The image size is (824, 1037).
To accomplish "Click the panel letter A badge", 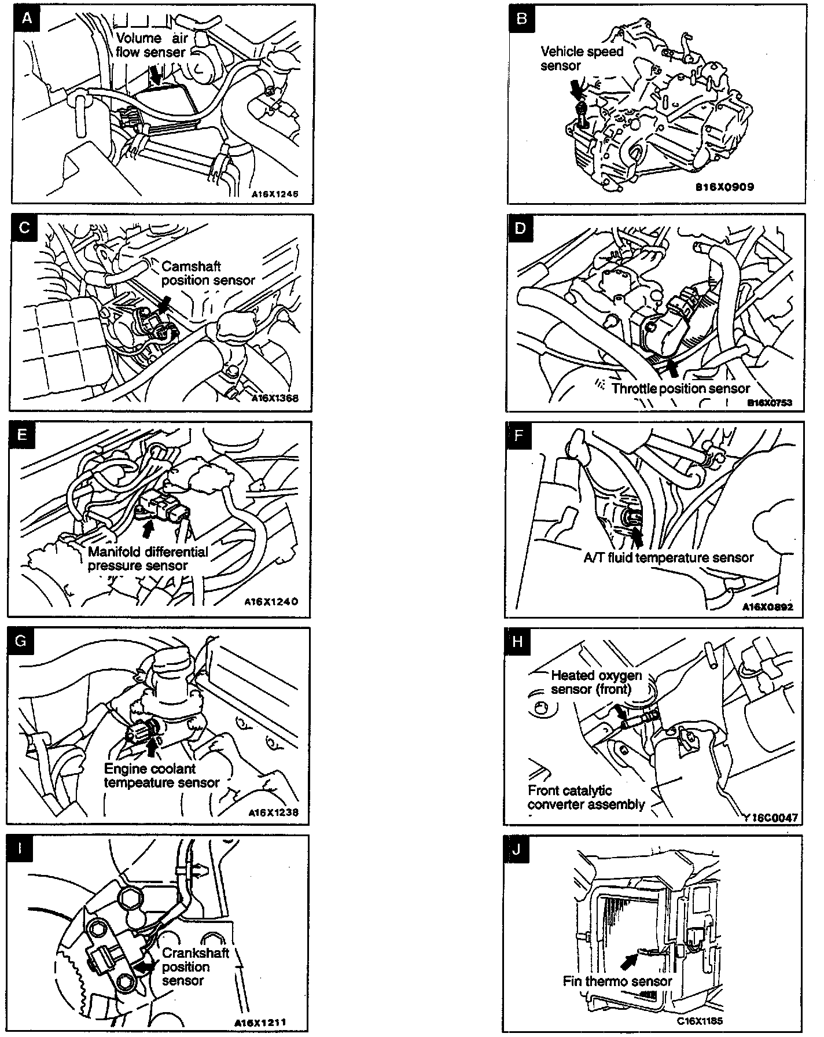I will tap(26, 19).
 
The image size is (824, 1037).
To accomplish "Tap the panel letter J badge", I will tap(516, 850).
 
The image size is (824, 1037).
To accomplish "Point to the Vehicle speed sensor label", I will tap(582, 58).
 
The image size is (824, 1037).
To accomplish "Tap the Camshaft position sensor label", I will tap(208, 273).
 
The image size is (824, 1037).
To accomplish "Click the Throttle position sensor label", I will tap(680, 388).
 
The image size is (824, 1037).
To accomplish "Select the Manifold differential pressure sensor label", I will tap(148, 558).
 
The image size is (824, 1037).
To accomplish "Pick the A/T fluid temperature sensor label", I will tap(668, 558).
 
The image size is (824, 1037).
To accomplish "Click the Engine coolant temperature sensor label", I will tap(161, 776).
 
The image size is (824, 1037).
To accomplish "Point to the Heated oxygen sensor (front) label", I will tap(596, 682).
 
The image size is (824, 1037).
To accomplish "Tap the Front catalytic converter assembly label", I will tap(586, 797).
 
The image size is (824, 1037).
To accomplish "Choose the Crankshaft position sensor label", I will tap(195, 966).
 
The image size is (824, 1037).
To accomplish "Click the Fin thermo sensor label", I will tap(617, 981).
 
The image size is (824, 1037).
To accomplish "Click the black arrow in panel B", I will tap(577, 89).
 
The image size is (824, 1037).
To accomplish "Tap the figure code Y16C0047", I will tap(772, 818).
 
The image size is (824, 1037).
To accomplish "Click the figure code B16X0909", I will tap(725, 187).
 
